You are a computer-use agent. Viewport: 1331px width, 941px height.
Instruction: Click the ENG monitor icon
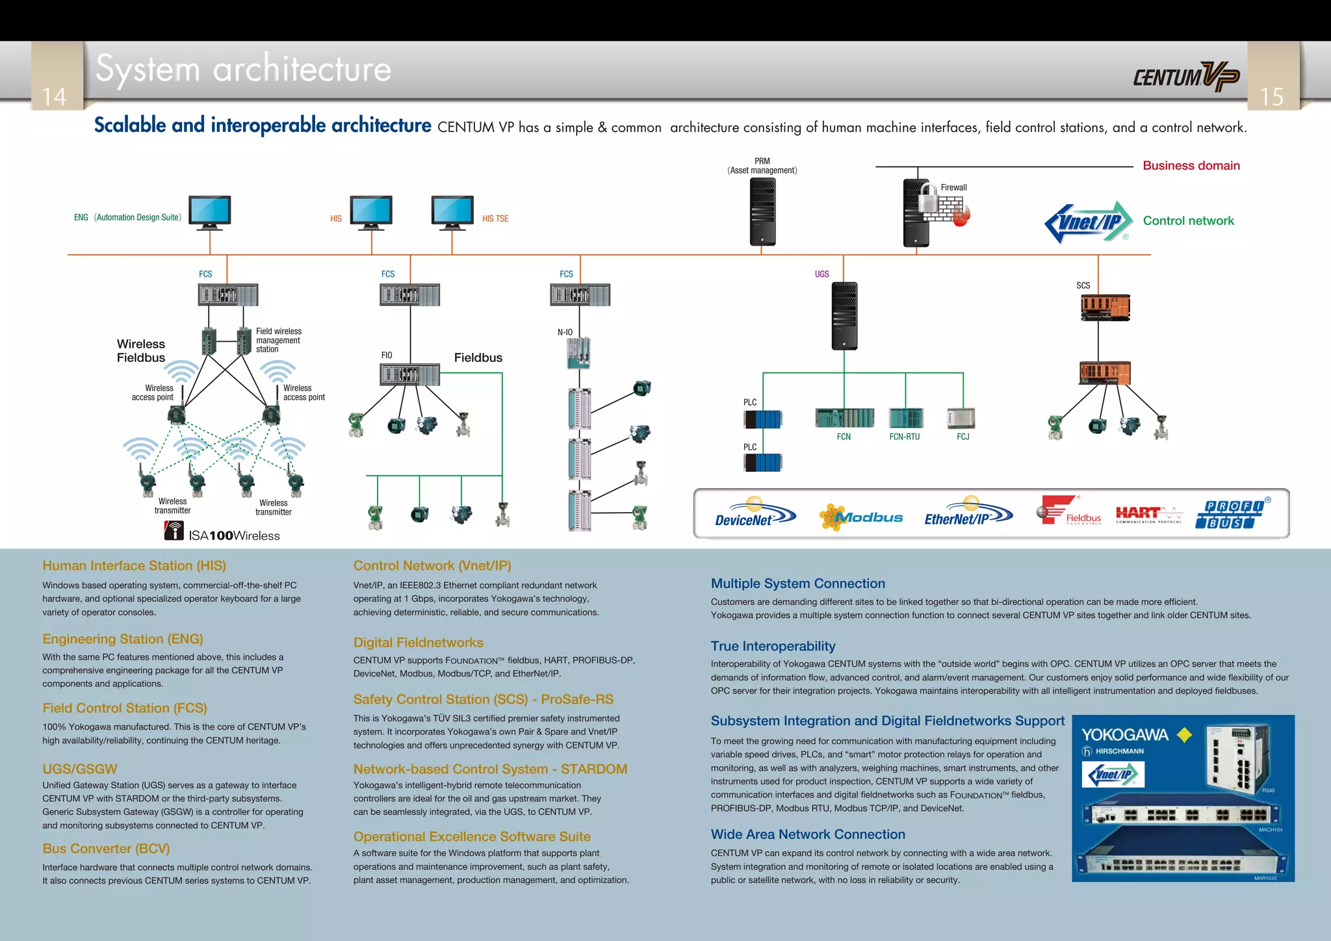point(210,212)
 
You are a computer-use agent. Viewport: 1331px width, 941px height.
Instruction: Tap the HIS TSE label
point(495,219)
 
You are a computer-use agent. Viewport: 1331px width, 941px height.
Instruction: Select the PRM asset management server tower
point(762,212)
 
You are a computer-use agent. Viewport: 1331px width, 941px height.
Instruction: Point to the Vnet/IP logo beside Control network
point(1089,222)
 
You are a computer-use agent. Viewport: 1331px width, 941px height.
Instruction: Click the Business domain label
point(1191,166)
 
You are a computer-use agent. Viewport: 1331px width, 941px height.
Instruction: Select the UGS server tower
point(844,316)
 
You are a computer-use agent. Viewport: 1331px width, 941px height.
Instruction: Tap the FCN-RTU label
point(904,437)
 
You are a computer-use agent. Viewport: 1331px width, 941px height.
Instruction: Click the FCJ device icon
point(961,418)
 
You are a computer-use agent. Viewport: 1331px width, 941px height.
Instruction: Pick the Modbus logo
point(861,517)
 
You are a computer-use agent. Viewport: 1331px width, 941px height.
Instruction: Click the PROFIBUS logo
point(1232,514)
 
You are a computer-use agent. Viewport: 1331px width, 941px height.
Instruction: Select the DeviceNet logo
point(754,514)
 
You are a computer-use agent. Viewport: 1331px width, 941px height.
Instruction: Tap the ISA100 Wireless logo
point(222,533)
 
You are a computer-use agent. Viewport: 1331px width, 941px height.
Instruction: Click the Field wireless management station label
point(278,340)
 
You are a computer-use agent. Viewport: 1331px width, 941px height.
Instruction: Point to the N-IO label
point(565,332)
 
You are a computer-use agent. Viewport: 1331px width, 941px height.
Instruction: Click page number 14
point(55,97)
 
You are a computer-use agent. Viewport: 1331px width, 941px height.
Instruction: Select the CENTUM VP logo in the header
point(1186,77)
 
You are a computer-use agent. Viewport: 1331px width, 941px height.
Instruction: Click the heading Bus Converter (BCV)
point(106,849)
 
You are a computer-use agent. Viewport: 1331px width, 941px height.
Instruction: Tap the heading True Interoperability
point(773,646)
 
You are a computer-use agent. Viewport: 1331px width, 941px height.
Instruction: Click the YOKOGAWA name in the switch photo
point(1125,735)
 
